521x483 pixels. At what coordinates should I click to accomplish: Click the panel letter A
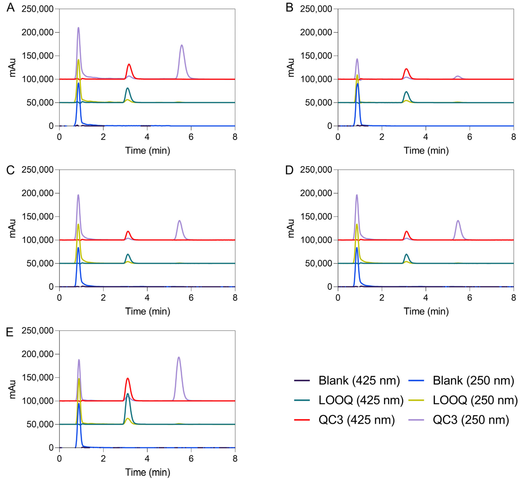pyautogui.click(x=11, y=7)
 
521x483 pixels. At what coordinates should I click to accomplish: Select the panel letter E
pyautogui.click(x=10, y=332)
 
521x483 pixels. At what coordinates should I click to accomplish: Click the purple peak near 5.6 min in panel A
pyautogui.click(x=182, y=46)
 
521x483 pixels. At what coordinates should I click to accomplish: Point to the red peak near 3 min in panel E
pyautogui.click(x=128, y=378)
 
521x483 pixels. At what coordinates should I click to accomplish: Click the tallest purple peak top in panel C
pyautogui.click(x=78, y=195)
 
